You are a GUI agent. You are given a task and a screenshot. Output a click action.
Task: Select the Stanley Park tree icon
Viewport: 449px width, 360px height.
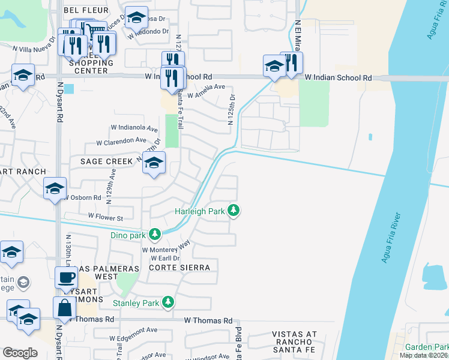(169, 302)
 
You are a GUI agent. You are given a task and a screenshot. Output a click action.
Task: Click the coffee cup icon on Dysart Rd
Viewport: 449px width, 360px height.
(66, 278)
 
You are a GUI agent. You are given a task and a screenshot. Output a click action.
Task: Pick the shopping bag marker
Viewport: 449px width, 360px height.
(64, 308)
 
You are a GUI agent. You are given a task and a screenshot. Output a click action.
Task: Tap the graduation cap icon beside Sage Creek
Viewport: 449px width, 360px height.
(154, 163)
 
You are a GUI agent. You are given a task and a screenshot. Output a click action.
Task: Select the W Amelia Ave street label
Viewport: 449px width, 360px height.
(205, 95)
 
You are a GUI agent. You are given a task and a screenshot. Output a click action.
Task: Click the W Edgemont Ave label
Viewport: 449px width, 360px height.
(133, 330)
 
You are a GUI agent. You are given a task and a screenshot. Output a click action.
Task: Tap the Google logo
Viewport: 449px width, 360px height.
(20, 353)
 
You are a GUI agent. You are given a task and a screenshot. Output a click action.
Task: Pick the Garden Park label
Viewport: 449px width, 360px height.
(426, 347)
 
